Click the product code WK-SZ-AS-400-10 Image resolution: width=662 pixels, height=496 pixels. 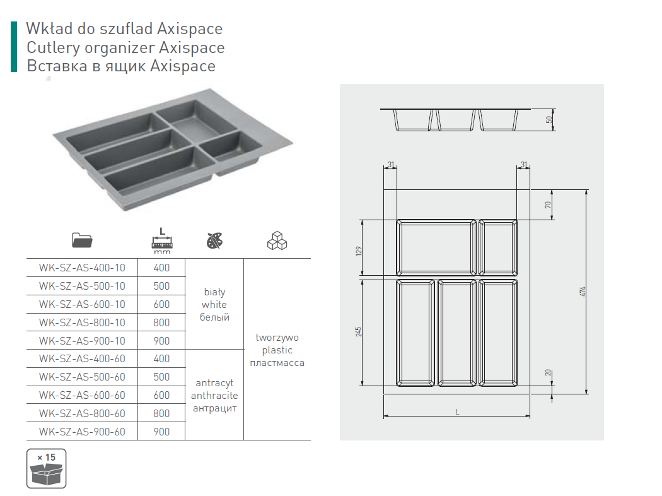[x=82, y=268]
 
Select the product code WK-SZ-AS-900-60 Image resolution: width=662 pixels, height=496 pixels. [x=82, y=432]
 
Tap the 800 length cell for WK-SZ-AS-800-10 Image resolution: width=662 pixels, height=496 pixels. [x=161, y=323]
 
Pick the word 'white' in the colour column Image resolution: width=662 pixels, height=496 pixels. [x=214, y=305]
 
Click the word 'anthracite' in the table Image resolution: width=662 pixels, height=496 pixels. [x=214, y=396]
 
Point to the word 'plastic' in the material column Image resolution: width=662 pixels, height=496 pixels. [x=277, y=350]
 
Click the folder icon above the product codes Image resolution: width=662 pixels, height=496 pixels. [x=82, y=240]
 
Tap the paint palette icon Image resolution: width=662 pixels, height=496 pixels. [x=214, y=241]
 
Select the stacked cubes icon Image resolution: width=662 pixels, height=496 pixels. [x=277, y=240]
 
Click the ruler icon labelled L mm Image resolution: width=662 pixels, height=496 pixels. [x=162, y=241]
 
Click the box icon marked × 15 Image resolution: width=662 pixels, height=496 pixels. [x=47, y=468]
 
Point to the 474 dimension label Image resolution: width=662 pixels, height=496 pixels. [x=583, y=292]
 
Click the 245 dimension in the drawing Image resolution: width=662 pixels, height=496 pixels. [x=359, y=332]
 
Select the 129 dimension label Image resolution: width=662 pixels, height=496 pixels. [x=359, y=251]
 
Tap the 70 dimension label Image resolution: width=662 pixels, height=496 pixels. [x=548, y=205]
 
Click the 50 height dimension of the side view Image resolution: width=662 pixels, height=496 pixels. [x=549, y=119]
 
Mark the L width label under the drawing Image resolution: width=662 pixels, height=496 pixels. [x=457, y=412]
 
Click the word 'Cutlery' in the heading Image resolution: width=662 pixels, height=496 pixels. [x=53, y=48]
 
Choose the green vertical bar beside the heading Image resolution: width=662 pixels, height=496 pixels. [x=14, y=47]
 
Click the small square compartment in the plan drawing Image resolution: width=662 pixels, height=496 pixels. [x=498, y=247]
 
